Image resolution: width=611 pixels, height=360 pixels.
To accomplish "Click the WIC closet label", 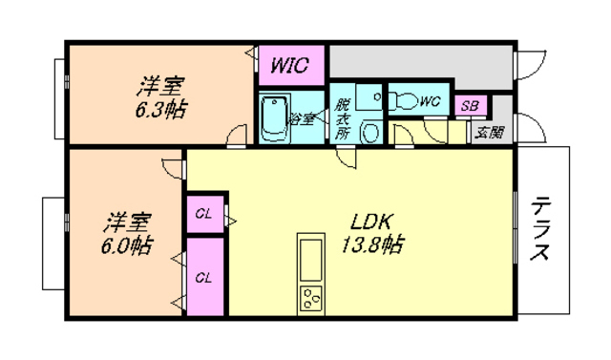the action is click(289, 65).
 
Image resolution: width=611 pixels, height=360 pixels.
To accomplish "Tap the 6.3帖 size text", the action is click(160, 110).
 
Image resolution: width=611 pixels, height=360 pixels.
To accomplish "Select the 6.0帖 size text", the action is click(127, 245).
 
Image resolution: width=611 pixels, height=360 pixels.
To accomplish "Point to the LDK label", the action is click(370, 222).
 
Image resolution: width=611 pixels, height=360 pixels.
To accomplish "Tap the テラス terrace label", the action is click(539, 229).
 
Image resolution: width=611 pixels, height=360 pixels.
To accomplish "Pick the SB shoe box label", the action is click(470, 106).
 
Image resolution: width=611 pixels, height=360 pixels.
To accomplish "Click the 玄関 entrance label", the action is click(490, 134).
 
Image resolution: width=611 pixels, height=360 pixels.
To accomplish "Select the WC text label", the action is click(430, 101).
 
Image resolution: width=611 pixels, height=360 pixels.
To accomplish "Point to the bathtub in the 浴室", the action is click(275, 117).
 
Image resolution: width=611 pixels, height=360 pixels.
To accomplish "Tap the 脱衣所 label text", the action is click(342, 118).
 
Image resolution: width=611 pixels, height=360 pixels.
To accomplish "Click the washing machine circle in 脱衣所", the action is click(370, 132).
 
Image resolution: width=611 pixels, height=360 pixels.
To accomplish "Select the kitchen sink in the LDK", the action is click(311, 261).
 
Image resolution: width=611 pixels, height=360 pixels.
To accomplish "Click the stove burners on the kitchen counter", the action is click(311, 299).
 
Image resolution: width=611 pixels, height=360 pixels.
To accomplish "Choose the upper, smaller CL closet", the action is click(205, 214).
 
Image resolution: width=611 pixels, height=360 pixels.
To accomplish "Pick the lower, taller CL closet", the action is click(205, 277).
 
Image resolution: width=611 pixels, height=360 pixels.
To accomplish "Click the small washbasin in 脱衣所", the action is click(370, 96).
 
